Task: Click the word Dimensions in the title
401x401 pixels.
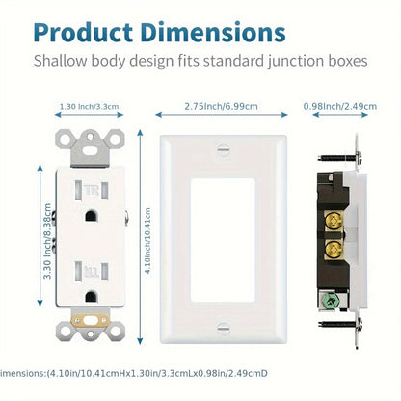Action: tap(213, 32)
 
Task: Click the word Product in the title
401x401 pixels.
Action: tap(83, 32)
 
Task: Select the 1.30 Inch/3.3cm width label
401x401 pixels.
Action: tap(89, 106)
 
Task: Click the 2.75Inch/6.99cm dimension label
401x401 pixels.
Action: tap(221, 106)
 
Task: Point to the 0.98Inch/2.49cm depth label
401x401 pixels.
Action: tap(340, 106)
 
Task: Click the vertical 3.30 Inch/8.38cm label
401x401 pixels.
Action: tap(47, 241)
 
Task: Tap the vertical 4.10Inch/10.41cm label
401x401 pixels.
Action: tap(147, 240)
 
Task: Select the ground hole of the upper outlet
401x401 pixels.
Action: tap(91, 216)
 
